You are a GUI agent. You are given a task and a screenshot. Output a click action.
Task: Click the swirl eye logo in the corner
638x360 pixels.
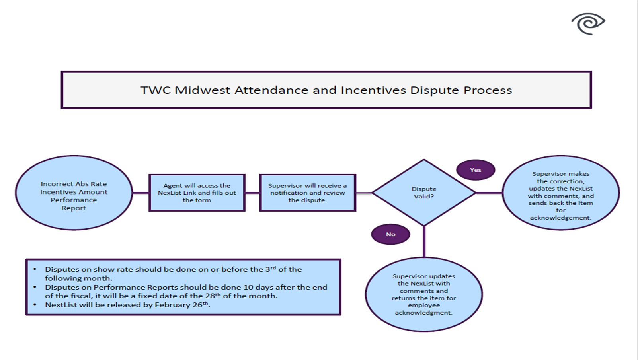tap(588, 23)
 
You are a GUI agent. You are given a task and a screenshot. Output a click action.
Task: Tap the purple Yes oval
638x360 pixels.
tap(476, 170)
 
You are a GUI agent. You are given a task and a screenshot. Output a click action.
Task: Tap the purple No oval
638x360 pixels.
tap(390, 234)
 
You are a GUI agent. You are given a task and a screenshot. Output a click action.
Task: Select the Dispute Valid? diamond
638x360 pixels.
tap(424, 193)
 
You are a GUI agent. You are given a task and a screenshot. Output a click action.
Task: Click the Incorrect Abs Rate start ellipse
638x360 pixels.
tap(74, 193)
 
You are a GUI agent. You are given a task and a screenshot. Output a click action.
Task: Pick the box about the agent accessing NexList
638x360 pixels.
tap(197, 193)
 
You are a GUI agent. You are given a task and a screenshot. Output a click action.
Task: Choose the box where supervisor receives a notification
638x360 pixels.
tap(307, 193)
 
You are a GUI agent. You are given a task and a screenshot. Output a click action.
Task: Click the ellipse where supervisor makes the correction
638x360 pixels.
tap(560, 193)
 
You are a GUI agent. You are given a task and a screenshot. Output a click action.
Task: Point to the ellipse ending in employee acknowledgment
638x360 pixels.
tap(424, 294)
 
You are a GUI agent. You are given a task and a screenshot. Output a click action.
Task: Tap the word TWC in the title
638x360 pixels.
tap(156, 90)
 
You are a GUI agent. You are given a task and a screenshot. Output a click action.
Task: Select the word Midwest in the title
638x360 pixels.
tap(202, 90)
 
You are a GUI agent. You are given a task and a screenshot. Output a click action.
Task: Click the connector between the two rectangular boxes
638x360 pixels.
tap(252, 193)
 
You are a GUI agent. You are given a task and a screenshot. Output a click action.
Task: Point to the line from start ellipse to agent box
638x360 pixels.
tap(140, 193)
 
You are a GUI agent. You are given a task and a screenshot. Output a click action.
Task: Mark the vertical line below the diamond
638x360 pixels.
tap(424, 242)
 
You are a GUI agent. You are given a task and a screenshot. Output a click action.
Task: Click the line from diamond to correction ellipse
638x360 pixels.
tap(489, 193)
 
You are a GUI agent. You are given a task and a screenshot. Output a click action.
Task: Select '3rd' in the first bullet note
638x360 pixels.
tap(270, 269)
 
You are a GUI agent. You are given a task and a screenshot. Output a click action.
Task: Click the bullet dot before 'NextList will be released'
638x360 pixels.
tap(35, 305)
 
